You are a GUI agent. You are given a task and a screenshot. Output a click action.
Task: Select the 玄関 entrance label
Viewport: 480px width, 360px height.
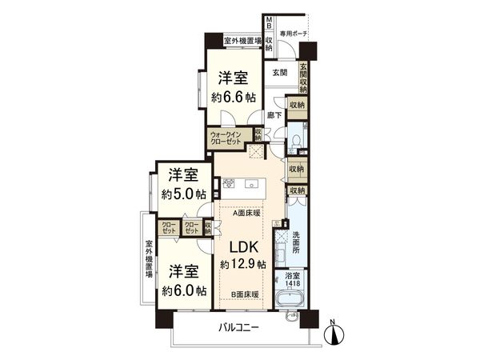coord(279,73)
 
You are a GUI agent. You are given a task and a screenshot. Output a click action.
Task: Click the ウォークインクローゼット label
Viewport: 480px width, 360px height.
coord(226,137)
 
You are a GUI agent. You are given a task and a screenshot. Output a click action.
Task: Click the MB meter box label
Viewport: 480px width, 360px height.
coord(270,22)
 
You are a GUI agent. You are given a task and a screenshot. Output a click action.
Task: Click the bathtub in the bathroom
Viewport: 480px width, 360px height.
coord(292,302)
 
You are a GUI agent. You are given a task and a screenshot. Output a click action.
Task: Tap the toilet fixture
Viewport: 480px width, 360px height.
coord(296,141)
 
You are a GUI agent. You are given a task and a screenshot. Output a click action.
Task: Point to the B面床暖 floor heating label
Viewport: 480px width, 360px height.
coord(245,295)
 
